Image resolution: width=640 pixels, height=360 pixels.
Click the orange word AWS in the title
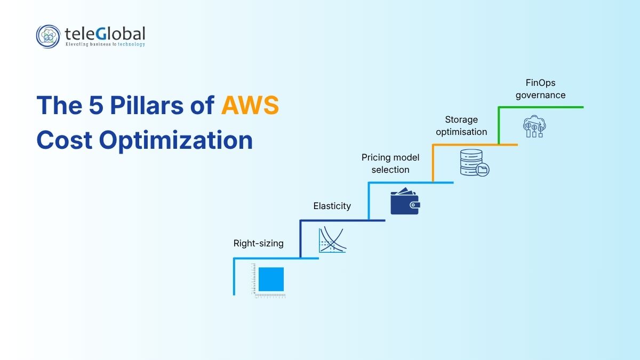[250, 105]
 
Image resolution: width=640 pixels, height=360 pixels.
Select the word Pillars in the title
[147, 105]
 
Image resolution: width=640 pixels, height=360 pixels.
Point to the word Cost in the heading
[65, 140]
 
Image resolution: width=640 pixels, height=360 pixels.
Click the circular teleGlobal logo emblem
[48, 36]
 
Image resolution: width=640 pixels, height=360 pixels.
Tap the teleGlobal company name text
[105, 34]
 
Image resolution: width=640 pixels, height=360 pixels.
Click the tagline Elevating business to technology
[105, 44]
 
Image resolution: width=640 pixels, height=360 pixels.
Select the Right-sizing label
[258, 243]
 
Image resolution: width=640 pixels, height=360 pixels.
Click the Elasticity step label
[332, 206]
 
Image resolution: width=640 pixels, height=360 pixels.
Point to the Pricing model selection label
[390, 163]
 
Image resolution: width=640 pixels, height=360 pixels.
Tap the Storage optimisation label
[461, 126]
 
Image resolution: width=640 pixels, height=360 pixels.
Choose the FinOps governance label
[541, 89]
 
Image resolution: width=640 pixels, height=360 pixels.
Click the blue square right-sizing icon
[271, 279]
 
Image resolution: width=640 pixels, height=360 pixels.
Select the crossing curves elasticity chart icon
[332, 240]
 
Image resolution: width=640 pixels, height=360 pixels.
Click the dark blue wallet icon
[405, 201]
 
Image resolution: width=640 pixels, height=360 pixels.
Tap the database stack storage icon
[474, 163]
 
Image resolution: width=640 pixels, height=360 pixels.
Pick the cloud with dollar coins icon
[534, 126]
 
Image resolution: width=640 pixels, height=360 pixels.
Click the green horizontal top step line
[541, 107]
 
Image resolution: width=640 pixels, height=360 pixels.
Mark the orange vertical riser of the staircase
[433, 163]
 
